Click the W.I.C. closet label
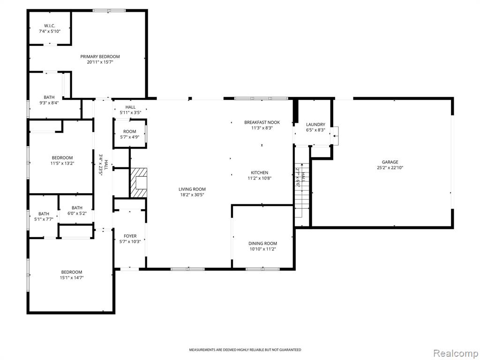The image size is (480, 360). (x=50, y=26)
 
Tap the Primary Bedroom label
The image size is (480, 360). (x=100, y=57)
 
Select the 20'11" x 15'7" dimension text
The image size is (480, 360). (x=100, y=62)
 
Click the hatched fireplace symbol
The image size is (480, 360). (x=139, y=182)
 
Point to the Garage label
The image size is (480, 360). (x=390, y=162)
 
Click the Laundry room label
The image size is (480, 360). (x=315, y=125)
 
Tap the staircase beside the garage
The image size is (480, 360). (x=302, y=190)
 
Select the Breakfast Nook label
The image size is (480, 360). (x=262, y=122)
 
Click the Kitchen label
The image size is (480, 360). (x=260, y=172)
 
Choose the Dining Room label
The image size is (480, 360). (x=262, y=244)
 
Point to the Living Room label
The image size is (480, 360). (x=192, y=189)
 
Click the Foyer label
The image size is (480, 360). (x=130, y=236)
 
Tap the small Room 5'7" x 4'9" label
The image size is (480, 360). (x=130, y=135)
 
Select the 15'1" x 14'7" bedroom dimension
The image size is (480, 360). (x=72, y=278)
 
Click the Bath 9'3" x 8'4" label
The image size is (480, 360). (x=49, y=100)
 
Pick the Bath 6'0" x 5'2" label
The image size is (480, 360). (x=77, y=210)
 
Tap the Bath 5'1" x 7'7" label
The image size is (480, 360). (x=44, y=217)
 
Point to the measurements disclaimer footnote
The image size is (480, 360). (x=245, y=350)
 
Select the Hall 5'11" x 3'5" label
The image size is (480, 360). (x=130, y=110)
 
